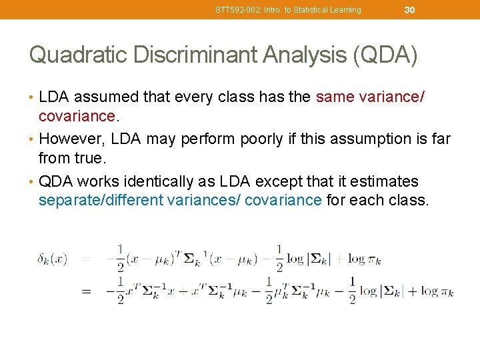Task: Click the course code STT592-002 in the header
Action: [x=238, y=10]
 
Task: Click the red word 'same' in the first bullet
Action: [x=335, y=97]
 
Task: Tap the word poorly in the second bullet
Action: [x=239, y=139]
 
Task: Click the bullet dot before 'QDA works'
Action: [x=32, y=182]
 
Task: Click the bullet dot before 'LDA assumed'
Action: [x=32, y=97]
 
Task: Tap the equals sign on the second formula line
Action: [x=87, y=291]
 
